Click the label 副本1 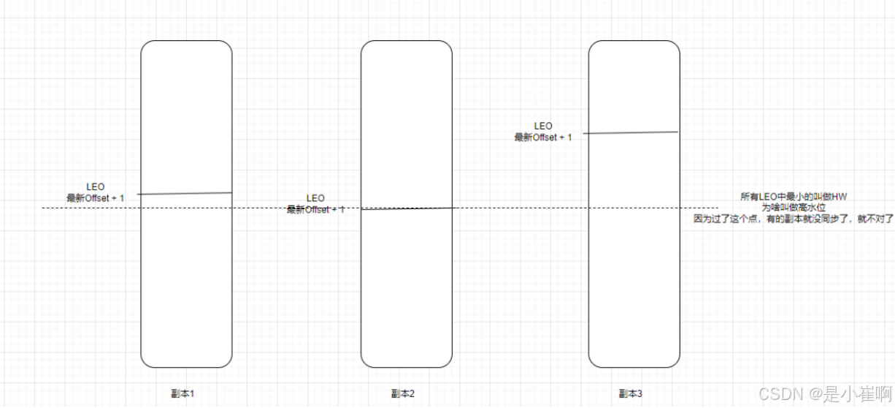click(183, 393)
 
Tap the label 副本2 click(403, 393)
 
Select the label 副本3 click(631, 393)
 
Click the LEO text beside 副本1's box click(96, 187)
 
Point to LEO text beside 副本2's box click(315, 198)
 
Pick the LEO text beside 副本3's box click(543, 126)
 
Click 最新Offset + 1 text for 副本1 click(96, 198)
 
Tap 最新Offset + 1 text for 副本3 click(543, 137)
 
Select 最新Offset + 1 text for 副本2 click(315, 210)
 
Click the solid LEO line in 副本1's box click(185, 194)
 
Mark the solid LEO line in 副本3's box click(632, 133)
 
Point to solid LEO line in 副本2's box click(406, 209)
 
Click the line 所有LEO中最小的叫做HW click(788, 197)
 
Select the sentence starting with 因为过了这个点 click(794, 218)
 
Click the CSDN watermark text click(781, 394)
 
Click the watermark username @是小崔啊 click(847, 394)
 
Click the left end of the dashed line click(44, 208)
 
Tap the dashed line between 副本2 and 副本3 click(520, 208)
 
